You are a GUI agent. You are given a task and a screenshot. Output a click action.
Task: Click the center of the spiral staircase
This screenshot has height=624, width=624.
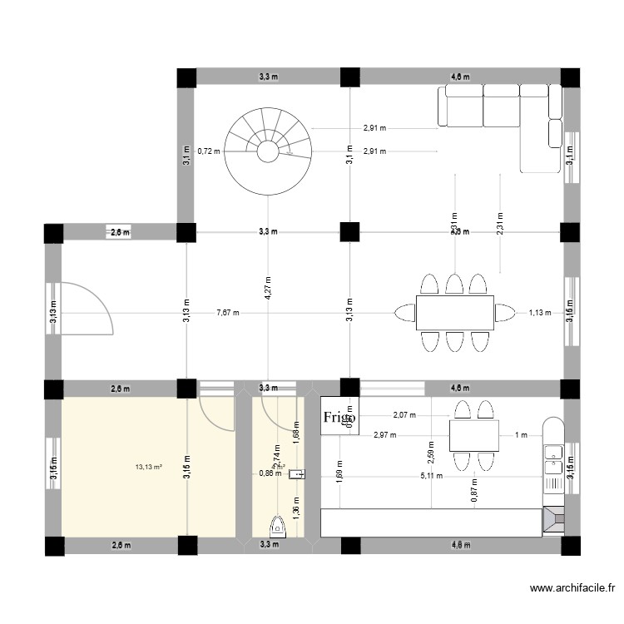[267, 151]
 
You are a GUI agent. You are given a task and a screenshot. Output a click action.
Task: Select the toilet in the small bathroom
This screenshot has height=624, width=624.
[279, 525]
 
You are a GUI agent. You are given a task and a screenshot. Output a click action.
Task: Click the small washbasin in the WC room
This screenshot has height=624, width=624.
[300, 474]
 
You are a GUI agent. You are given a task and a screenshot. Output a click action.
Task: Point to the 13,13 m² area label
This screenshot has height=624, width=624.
[148, 467]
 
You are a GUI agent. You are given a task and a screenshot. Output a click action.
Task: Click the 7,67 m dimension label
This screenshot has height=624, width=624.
[227, 313]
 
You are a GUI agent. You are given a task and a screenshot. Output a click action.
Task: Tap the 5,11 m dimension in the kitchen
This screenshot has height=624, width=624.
[431, 476]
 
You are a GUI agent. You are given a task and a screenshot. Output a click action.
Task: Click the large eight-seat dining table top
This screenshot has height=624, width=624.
[454, 313]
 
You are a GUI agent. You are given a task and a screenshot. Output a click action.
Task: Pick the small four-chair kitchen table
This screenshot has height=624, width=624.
[473, 435]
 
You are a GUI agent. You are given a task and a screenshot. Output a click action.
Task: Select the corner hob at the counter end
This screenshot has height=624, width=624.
[552, 520]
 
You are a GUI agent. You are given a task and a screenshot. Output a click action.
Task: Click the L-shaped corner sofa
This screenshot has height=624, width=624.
[499, 116]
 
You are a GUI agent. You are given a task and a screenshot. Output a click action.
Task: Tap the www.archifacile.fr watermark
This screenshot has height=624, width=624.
[573, 589]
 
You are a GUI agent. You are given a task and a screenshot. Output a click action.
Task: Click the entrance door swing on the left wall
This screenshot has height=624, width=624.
[87, 308]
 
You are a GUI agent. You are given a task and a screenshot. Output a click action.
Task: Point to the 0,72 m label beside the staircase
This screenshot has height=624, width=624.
[208, 151]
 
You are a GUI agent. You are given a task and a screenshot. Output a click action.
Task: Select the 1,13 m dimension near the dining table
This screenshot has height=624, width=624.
[540, 313]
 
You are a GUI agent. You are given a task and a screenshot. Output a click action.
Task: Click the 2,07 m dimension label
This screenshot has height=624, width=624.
[404, 414]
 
